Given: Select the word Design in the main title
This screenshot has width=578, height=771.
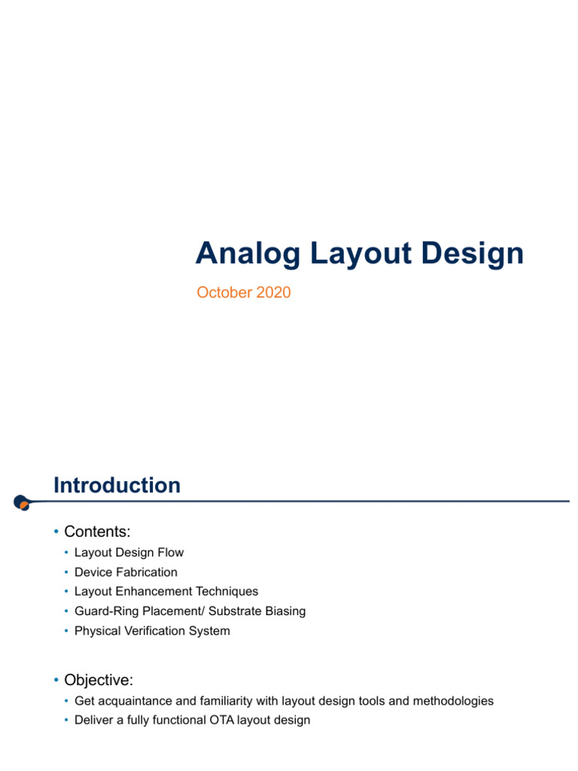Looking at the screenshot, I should (473, 254).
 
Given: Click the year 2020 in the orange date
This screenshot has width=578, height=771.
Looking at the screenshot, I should (273, 293).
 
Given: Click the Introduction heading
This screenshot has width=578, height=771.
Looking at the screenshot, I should (117, 486).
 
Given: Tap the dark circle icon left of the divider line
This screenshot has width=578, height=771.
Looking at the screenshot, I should (22, 502).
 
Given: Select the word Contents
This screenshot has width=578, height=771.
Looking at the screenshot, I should (97, 532).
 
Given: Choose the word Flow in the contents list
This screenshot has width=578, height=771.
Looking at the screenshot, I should (170, 553).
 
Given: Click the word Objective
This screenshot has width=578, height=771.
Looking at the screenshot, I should (99, 680).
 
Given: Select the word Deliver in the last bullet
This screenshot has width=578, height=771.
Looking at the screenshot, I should (93, 721).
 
